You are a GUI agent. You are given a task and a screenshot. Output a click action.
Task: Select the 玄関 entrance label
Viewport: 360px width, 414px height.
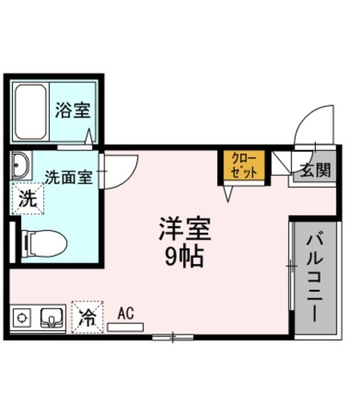tap(315, 171)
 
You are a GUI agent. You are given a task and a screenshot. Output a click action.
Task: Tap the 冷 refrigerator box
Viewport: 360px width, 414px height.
tap(86, 317)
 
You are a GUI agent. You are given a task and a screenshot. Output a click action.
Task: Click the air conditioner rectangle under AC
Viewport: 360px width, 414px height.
tap(126, 327)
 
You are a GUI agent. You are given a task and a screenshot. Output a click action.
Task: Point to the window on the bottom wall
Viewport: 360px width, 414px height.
tap(173, 337)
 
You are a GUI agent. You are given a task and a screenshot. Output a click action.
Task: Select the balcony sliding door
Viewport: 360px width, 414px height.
tap(289, 265)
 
